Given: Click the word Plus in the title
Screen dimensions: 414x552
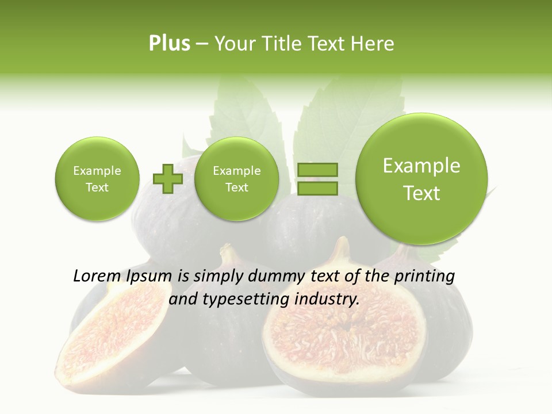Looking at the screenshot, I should click(x=169, y=44).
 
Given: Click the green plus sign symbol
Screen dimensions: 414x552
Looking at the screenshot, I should click(x=168, y=179).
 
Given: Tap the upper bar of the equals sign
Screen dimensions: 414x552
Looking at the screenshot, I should click(x=317, y=170).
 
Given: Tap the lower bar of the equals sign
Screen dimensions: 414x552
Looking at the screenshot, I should click(x=317, y=187).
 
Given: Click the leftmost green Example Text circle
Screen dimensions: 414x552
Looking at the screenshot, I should click(x=97, y=179).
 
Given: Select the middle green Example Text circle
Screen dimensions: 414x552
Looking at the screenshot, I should click(x=236, y=179).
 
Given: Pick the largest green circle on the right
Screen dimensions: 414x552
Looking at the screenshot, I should click(x=421, y=179).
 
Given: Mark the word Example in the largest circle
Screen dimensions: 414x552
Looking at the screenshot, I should click(x=421, y=166).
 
